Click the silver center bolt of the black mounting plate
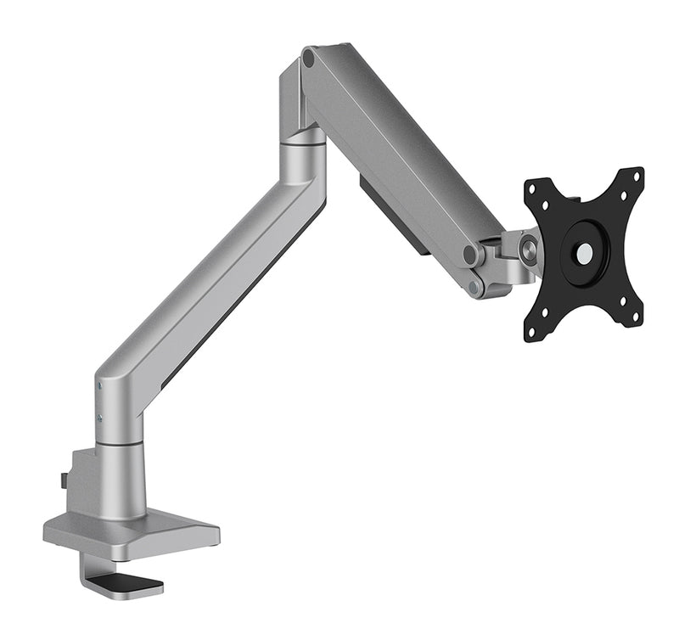[x=585, y=252]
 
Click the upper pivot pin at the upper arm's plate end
[x=469, y=255]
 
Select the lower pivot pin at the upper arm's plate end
[x=474, y=286]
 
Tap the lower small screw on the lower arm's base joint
[x=100, y=417]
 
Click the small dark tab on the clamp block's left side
[x=64, y=480]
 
